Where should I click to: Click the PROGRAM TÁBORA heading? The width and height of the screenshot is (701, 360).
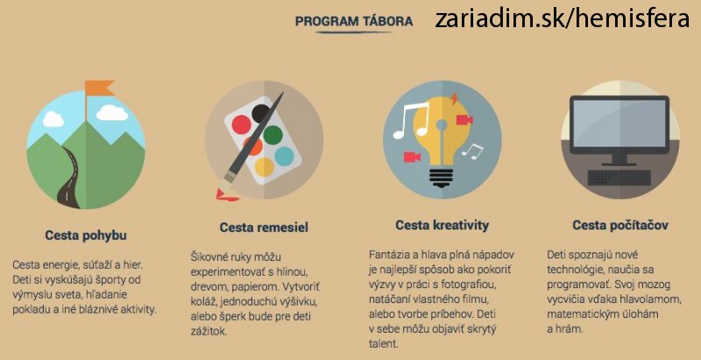pos(354,21)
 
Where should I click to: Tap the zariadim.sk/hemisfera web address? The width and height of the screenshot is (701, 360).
pos(562,19)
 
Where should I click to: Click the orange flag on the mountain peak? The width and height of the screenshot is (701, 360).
pos(99,88)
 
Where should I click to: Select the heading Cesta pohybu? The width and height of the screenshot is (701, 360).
pos(86,236)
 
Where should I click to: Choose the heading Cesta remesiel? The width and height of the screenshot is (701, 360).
pos(264,228)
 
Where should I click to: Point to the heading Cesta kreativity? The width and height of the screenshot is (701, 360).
pos(443,224)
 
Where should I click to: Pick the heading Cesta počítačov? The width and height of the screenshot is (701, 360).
pos(620,224)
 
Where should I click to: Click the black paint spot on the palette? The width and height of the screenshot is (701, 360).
pos(260,114)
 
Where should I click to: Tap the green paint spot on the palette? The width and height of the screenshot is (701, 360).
pos(273,135)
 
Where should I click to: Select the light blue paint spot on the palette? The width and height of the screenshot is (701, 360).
pos(284,156)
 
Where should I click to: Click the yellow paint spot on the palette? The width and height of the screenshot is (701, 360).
pos(265,166)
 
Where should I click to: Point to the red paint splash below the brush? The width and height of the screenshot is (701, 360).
pos(227,195)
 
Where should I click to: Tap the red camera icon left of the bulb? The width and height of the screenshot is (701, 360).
pos(412,157)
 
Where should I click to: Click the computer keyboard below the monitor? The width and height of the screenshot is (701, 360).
pos(620,177)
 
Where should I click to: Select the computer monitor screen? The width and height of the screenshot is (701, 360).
pos(620,124)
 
